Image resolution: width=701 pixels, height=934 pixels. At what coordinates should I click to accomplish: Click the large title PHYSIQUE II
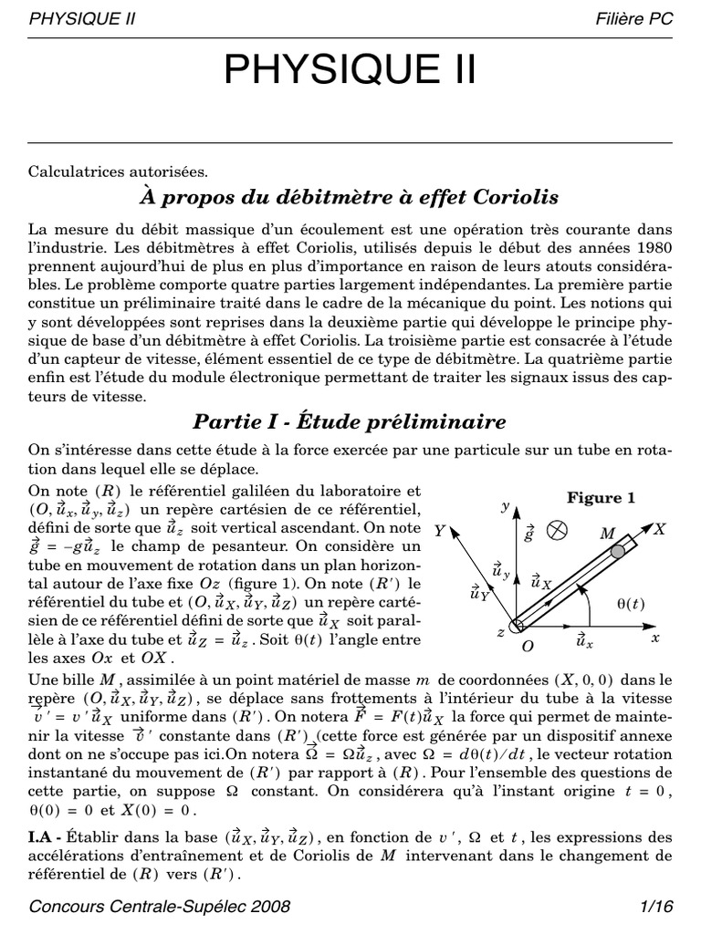point(350,70)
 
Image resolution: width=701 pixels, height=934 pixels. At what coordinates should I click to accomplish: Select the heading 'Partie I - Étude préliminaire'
point(350,421)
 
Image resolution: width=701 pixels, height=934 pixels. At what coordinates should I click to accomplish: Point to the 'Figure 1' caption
point(600,498)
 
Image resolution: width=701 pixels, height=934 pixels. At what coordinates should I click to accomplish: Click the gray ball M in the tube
point(618,550)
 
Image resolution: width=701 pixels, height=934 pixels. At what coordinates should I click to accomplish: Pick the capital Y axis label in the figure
point(439,530)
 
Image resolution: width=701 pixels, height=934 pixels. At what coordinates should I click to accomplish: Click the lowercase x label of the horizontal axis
point(654,638)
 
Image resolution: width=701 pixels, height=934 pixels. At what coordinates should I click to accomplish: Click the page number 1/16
point(656,907)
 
